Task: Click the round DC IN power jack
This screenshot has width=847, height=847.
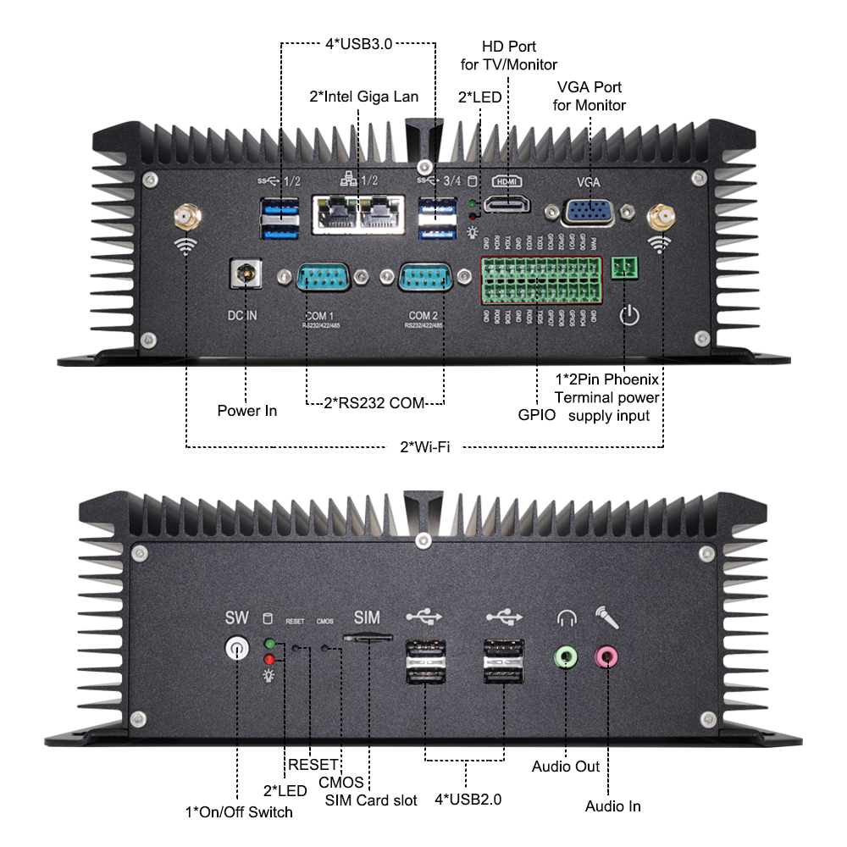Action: pos(246,274)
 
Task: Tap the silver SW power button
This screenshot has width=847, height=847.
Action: pos(237,650)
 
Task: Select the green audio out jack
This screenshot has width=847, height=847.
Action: pos(565,656)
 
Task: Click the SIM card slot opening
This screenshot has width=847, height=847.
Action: pos(367,634)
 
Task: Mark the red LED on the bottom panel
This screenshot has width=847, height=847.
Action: pos(269,659)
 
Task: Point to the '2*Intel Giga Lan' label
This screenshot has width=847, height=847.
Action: pos(363,97)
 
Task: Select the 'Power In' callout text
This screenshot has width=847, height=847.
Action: pos(246,411)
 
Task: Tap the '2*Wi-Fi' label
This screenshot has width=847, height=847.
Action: pos(424,446)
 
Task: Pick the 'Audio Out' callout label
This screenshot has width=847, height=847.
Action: pos(566,767)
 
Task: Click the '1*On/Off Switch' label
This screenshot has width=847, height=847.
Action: pos(239,812)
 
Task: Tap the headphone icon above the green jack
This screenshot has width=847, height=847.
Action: pos(566,618)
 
